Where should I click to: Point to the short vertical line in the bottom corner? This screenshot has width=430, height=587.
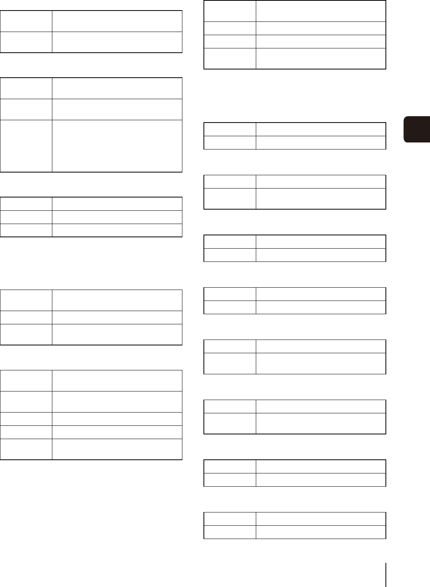[386, 575]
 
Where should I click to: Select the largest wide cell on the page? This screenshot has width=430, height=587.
[117, 146]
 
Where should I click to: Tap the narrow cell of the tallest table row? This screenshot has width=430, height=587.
[26, 146]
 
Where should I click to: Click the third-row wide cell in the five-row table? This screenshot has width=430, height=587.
[117, 419]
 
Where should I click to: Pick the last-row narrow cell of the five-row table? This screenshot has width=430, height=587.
[26, 449]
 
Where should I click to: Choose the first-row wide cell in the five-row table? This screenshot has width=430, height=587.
[117, 381]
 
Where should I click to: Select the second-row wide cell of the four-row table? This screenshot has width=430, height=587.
[321, 28]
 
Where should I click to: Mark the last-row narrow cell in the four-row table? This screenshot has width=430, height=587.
[230, 59]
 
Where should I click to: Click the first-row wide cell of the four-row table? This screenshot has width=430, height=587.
[321, 11]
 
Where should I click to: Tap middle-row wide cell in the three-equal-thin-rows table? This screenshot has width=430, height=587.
[117, 217]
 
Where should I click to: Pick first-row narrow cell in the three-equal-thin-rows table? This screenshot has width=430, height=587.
[26, 204]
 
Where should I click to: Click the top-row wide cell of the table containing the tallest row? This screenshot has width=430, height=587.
[117, 88]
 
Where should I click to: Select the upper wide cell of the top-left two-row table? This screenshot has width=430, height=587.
[117, 21]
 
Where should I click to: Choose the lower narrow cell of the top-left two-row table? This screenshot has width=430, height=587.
[26, 42]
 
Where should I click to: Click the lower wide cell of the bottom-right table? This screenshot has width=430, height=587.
[321, 532]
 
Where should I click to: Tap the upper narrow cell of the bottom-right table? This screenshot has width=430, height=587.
[230, 519]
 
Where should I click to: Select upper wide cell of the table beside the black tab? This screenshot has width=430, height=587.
[321, 129]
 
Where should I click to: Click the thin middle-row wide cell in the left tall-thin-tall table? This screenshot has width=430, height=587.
[117, 317]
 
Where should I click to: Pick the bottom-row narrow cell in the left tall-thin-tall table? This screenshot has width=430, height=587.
[26, 334]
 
